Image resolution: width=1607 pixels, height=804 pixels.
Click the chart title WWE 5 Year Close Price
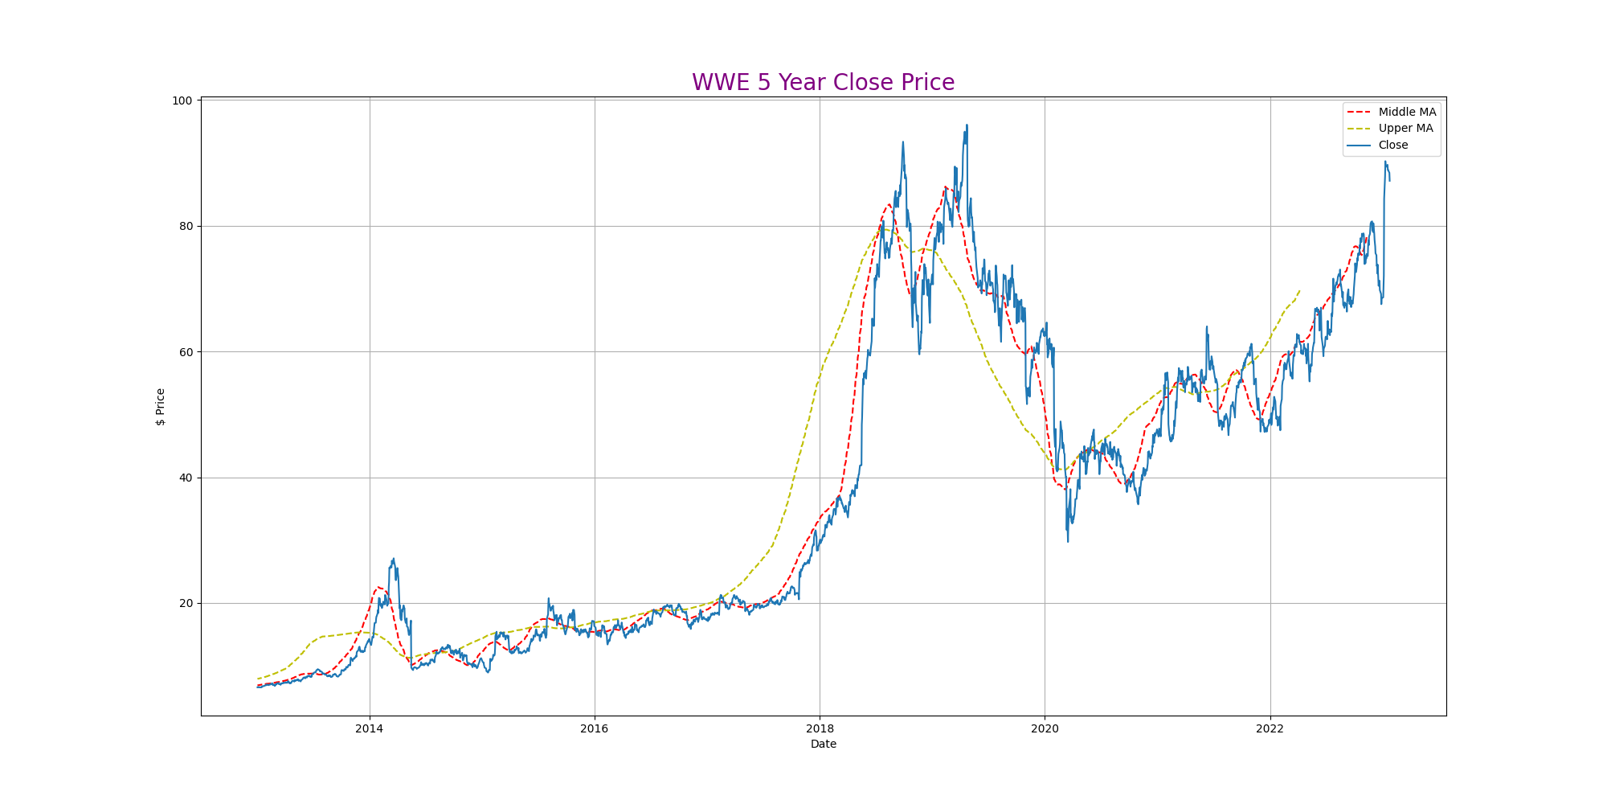(823, 83)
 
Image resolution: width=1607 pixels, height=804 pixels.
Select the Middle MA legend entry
(1406, 112)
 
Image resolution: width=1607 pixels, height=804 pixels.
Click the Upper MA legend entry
(1405, 129)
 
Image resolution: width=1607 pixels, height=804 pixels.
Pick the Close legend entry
(1392, 146)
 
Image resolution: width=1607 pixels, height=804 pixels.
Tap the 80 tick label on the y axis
(186, 226)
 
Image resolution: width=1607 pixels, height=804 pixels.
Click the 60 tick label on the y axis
(186, 352)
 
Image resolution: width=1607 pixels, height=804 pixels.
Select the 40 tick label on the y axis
(186, 478)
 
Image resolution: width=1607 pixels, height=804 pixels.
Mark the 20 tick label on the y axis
(186, 603)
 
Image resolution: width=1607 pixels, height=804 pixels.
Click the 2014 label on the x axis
(370, 729)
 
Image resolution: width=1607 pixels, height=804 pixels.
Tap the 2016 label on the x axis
(595, 729)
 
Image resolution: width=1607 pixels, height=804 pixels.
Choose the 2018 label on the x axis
(820, 729)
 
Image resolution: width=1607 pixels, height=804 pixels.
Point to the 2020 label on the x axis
(1045, 729)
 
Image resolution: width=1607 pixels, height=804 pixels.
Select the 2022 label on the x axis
(1270, 729)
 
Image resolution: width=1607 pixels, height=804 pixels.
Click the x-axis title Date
(823, 745)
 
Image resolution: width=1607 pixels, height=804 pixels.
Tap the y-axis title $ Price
(161, 406)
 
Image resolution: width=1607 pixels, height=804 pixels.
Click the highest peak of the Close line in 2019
(967, 125)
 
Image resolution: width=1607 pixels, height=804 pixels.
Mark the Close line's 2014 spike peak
(393, 559)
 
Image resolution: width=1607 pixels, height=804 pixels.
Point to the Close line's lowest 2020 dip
(1068, 541)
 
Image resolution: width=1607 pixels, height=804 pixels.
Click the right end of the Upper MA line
(1299, 290)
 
